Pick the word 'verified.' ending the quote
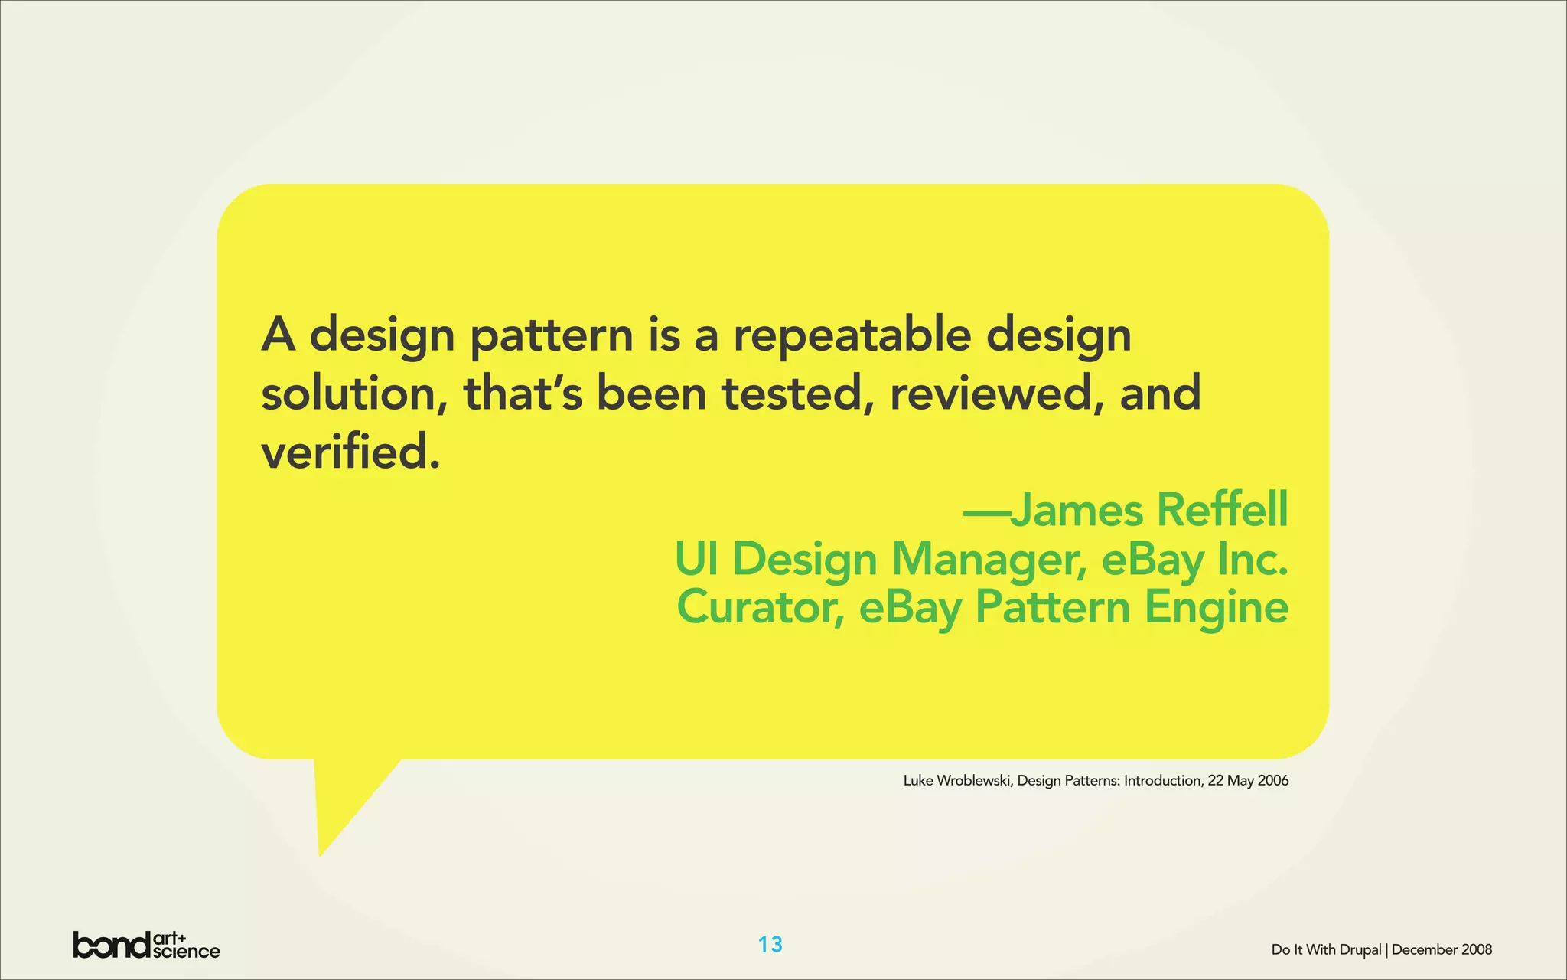351,452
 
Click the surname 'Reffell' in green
1222,510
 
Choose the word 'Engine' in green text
1216,609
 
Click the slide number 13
770,945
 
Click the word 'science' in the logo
187,952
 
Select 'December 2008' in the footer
1442,950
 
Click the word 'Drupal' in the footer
1360,950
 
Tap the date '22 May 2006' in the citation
1248,781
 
